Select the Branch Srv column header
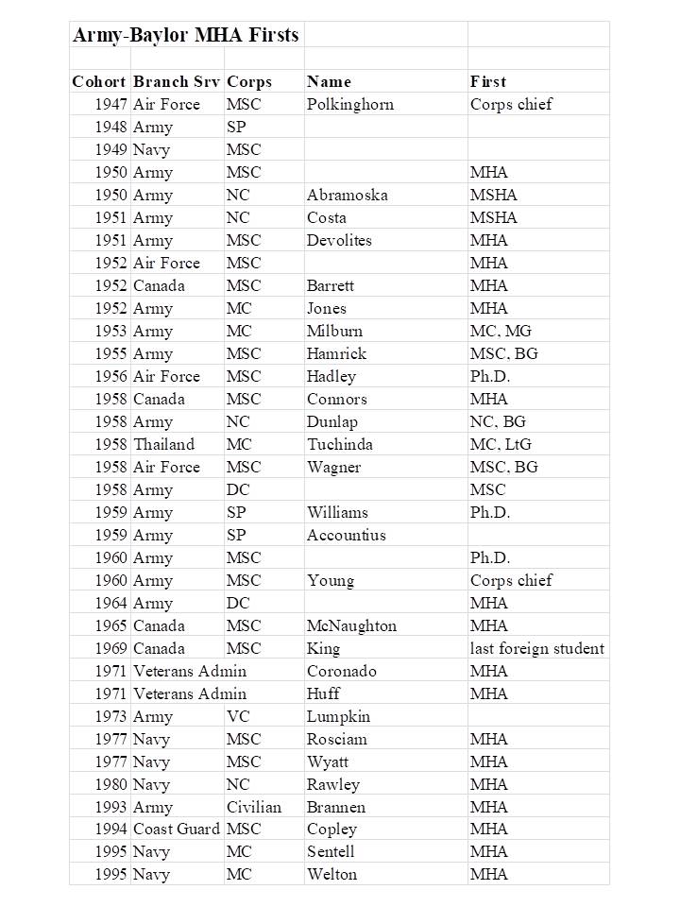coord(176,81)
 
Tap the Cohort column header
coord(98,81)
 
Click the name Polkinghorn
coord(349,104)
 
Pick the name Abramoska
coord(347,195)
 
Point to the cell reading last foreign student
coord(536,648)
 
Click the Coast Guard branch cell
coord(176,830)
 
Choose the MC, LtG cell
coord(501,444)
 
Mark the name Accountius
coord(346,535)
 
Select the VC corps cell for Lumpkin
coord(238,716)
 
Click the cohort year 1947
coord(110,104)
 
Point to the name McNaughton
coord(351,625)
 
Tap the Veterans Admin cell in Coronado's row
coord(189,671)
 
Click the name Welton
coord(331,875)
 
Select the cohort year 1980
coord(110,784)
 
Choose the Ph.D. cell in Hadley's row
coord(489,376)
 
